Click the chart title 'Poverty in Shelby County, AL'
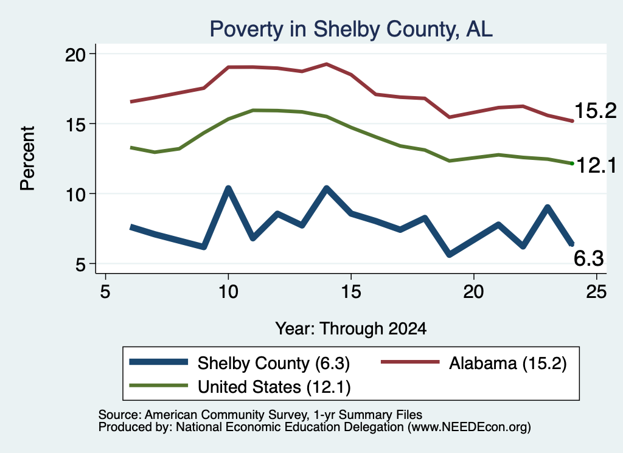click(x=351, y=29)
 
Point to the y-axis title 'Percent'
click(x=27, y=159)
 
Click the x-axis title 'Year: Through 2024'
click(x=351, y=329)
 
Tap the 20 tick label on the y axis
click(x=75, y=55)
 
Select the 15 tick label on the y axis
click(x=75, y=125)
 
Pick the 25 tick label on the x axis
click(x=596, y=292)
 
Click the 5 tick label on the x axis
click(x=105, y=292)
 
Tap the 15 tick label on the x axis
click(x=351, y=292)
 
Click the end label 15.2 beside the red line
click(x=595, y=111)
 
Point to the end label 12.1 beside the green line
click(x=596, y=165)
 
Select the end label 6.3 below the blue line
click(x=589, y=258)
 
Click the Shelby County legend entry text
click(x=274, y=363)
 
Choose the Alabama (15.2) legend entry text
click(x=508, y=363)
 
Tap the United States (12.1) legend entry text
click(x=274, y=387)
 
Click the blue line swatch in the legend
click(x=159, y=362)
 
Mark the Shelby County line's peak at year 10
click(x=228, y=188)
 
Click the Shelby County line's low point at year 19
click(x=450, y=255)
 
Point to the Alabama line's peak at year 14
click(x=326, y=63)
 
